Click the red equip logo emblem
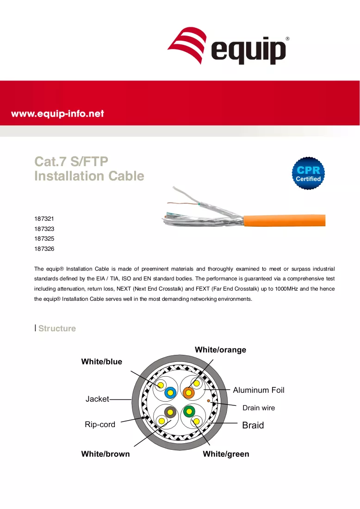pos(187,45)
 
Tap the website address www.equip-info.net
pos(57,114)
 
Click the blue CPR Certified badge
pos(308,174)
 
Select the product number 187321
pos(44,219)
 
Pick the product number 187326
pos(44,248)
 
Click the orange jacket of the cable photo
pos(285,220)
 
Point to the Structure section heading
pos(57,328)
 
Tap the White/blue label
pos(102,362)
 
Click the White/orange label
pos(220,350)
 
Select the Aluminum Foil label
pos(258,390)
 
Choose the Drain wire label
pos(259,408)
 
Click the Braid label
pos(253,425)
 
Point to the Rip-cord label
pos(100,424)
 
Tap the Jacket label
pos(97,399)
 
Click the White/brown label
pos(106,454)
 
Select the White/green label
pos(226,454)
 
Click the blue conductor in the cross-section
pos(170,393)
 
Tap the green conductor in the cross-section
pos(189,412)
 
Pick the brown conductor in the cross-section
pos(170,412)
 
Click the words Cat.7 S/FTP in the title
pos(71,161)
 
